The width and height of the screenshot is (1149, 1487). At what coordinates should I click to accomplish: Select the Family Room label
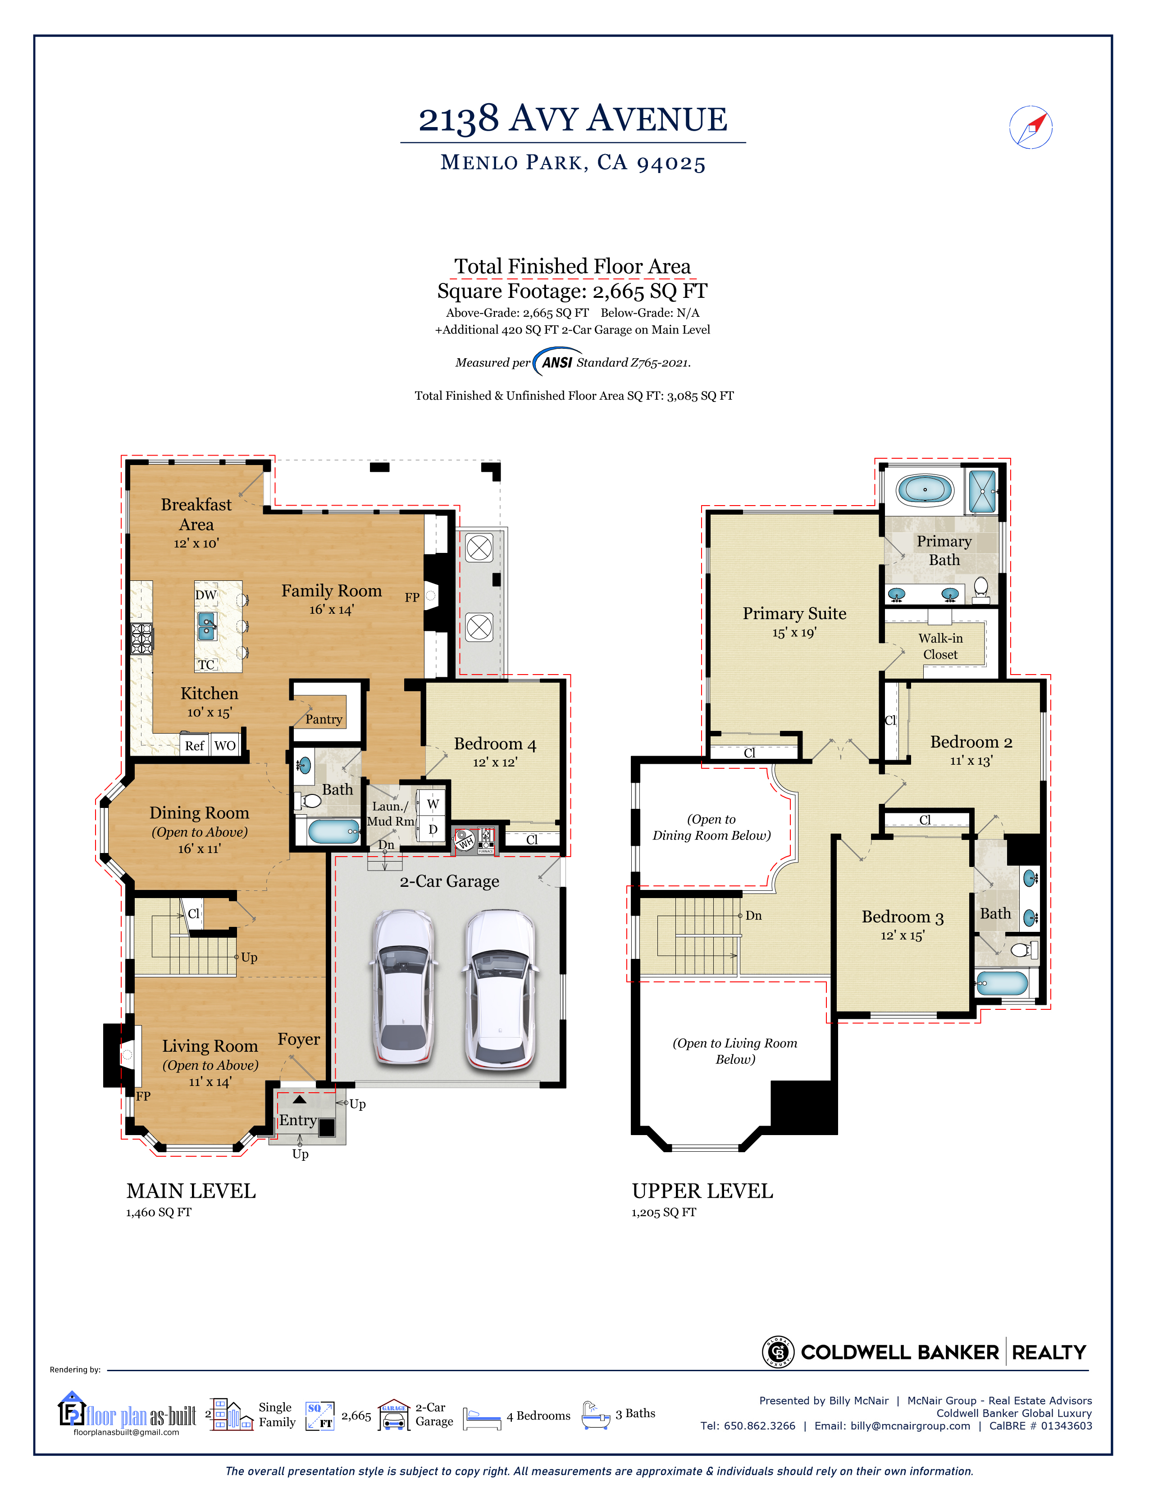332,591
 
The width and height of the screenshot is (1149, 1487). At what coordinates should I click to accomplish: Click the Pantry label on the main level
324,719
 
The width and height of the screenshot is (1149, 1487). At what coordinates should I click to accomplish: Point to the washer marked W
432,804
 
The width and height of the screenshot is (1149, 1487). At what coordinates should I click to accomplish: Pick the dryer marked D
432,829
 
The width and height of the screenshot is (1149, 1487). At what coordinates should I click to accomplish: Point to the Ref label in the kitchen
194,746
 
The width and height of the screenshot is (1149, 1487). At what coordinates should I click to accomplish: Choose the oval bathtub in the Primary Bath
924,489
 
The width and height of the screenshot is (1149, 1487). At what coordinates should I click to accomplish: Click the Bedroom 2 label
971,742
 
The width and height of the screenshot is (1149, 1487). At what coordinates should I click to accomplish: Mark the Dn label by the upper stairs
753,916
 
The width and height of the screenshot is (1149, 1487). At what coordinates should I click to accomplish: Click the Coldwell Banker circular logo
778,1351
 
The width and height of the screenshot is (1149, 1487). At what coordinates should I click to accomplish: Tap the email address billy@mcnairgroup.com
910,1426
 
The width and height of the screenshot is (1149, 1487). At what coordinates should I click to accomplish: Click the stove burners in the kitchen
141,639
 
